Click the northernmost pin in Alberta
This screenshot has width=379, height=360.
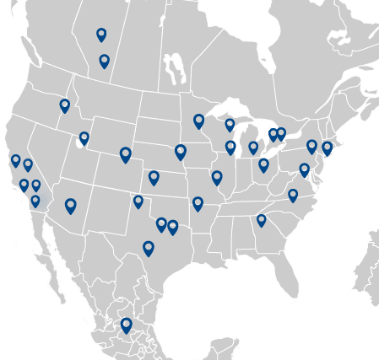pos(101,34)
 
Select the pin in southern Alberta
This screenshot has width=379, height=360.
pos(104,61)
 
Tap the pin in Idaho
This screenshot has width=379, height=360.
pos(64,105)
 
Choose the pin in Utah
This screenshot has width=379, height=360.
pos(84,138)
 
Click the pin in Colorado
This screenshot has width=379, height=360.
pos(126,154)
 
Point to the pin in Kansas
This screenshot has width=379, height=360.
pos(154,178)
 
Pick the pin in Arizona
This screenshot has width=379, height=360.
pos(71,206)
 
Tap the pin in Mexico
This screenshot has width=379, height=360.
pos(127,325)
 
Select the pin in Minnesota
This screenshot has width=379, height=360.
pos(198,121)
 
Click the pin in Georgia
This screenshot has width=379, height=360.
pos(261,220)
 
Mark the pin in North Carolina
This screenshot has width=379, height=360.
pos(293,196)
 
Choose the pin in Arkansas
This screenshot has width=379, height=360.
pos(198,203)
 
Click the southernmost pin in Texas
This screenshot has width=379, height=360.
pos(149,248)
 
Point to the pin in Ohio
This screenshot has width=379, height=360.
pos(263,164)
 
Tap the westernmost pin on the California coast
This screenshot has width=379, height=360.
pos(15,160)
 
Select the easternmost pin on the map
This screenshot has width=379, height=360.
pos(327,148)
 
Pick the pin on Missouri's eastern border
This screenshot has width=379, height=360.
pos(217,178)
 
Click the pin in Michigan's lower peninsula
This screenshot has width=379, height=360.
pos(253,148)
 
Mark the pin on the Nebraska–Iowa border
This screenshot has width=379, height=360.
pos(180,152)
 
